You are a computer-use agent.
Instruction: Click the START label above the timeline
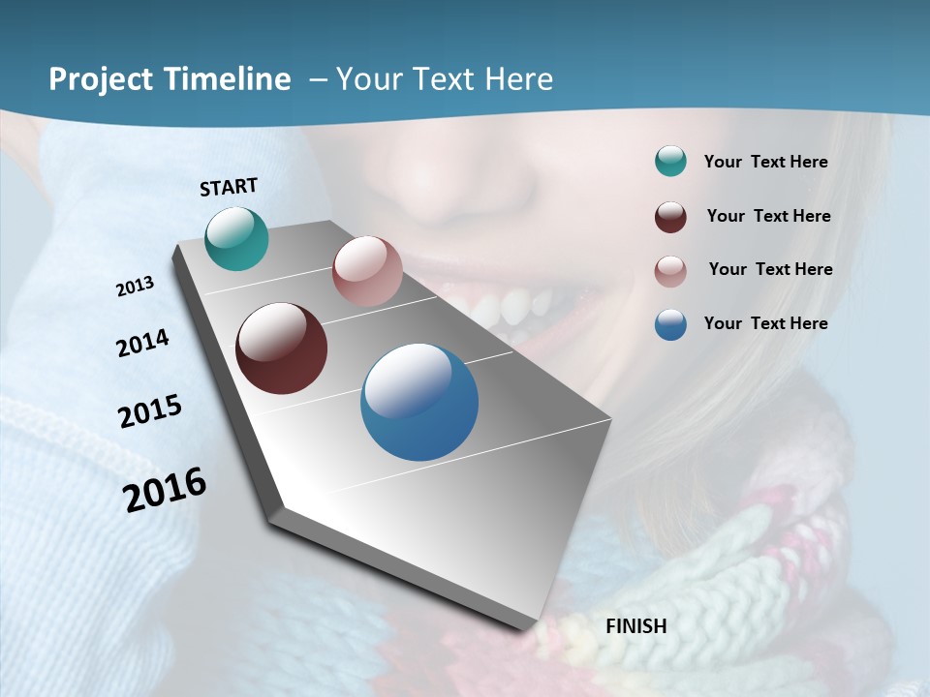pos(229,186)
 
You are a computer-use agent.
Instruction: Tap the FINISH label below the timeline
pos(635,625)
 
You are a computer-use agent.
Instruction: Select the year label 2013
pos(135,287)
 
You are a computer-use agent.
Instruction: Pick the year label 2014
pos(142,343)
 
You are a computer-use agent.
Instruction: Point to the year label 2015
pos(150,411)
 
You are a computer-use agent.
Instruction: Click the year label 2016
pos(165,489)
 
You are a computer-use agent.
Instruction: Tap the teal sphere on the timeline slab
pos(236,238)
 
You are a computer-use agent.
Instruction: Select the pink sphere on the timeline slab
pos(367,271)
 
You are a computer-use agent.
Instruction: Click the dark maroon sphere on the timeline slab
pos(281,348)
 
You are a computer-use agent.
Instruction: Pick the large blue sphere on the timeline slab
pos(419,402)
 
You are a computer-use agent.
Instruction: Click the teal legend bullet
pos(670,162)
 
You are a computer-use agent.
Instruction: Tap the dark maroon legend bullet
pos(670,216)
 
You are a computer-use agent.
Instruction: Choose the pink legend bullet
pos(670,270)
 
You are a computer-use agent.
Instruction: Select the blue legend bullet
pos(670,324)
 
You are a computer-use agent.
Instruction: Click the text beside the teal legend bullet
pos(765,162)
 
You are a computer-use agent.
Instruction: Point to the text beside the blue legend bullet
pos(765,323)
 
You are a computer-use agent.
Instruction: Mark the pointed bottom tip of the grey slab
pos(531,627)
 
